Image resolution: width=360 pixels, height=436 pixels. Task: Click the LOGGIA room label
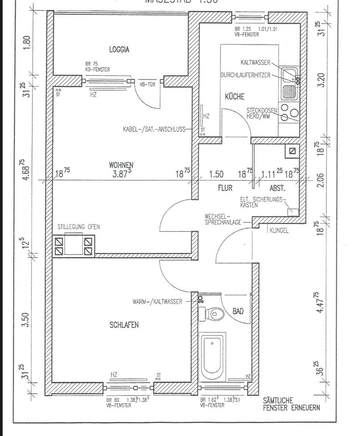pos(119,50)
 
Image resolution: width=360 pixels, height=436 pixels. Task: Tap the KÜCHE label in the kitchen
pos(235,97)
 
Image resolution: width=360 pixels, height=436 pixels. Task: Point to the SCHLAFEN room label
pos(124,325)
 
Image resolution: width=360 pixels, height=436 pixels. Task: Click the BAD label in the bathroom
pos(238,311)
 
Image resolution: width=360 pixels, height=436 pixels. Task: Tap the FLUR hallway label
pos(225,187)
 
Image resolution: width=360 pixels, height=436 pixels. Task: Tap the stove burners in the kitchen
pos(289,113)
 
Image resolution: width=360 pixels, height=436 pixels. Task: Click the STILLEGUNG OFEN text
pos(79,227)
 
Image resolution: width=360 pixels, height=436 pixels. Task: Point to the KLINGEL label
pos(279,230)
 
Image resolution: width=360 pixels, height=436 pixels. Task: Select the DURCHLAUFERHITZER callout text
pos(246,74)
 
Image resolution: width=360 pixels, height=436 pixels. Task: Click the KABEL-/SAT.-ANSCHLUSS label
pos(154,129)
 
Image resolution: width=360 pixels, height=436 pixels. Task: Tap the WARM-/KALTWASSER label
pos(157,301)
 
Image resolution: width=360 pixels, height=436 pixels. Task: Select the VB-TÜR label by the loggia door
pos(148,85)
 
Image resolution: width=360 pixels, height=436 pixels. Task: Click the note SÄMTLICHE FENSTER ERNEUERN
pos(291,404)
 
